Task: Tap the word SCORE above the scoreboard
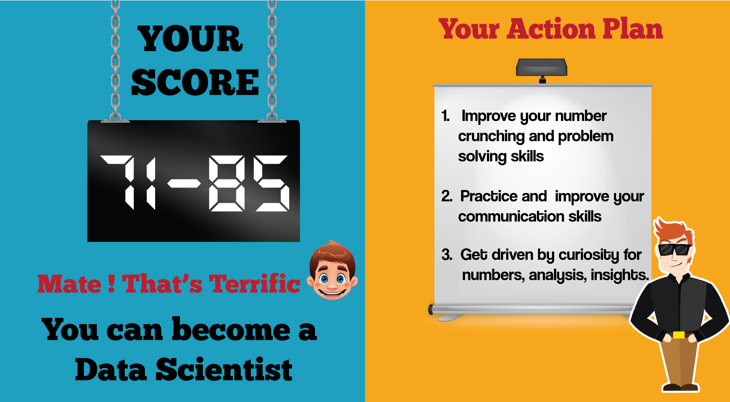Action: click(x=195, y=82)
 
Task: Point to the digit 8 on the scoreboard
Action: click(x=227, y=183)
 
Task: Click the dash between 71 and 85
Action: click(x=184, y=183)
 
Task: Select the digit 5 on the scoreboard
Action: click(x=272, y=183)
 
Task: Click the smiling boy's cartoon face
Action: click(x=332, y=270)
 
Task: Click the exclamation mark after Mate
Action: click(x=112, y=284)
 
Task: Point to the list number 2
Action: click(x=447, y=196)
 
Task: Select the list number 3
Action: click(x=447, y=255)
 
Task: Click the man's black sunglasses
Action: click(x=675, y=250)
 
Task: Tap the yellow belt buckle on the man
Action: click(x=679, y=335)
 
